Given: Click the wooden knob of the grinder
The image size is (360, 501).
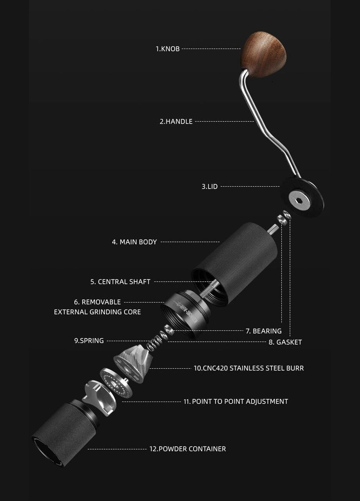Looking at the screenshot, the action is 264,54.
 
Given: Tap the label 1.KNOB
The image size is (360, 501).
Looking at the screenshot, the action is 168,49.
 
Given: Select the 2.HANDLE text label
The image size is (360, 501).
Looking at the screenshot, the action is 176,121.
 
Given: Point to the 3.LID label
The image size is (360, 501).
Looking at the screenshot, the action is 209,187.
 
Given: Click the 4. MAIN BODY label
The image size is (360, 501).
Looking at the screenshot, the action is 134,242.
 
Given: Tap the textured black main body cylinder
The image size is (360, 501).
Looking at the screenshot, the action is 235,264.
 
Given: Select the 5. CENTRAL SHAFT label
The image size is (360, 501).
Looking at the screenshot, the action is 120,282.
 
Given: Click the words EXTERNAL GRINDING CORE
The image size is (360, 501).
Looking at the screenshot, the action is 97,312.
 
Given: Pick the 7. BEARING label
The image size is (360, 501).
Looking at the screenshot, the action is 264,331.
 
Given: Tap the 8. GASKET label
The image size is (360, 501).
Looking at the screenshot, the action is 285,342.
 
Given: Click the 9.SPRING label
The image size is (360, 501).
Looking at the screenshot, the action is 89,341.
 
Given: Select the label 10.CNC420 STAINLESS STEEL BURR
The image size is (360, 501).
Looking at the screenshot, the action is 248,368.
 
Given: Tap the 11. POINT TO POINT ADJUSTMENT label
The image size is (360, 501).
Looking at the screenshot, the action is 236,402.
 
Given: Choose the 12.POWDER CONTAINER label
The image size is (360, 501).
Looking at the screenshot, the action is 187,449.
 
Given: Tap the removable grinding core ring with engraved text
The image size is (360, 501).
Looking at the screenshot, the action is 185,313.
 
